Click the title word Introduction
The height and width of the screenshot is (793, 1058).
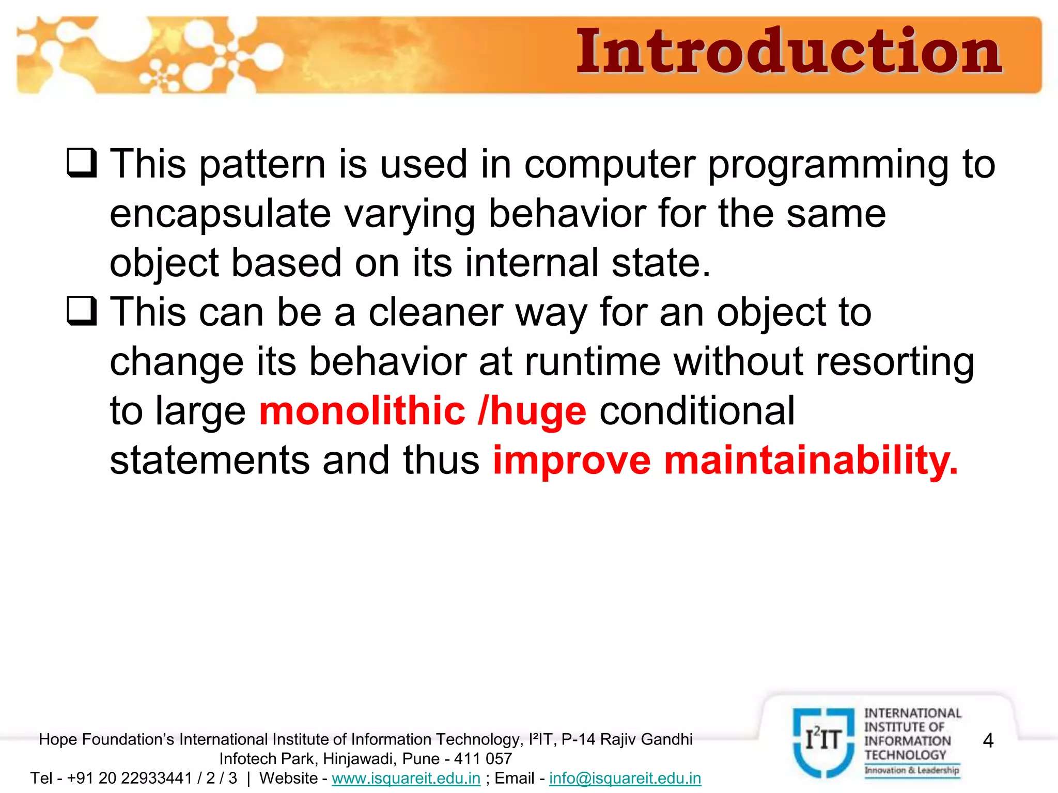pyautogui.click(x=789, y=52)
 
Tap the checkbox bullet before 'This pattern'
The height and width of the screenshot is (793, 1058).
pyautogui.click(x=82, y=163)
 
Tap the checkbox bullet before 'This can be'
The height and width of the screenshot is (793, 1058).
pyautogui.click(x=82, y=311)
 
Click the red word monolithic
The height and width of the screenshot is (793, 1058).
pyautogui.click(x=362, y=411)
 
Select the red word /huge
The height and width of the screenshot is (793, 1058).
pyautogui.click(x=532, y=411)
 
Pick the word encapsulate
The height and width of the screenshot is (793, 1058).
pyautogui.click(x=220, y=214)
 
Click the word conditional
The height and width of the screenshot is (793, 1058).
pyautogui.click(x=697, y=411)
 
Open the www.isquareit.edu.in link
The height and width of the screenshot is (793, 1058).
pyautogui.click(x=406, y=778)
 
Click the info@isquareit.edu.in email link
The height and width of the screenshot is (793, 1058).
pyautogui.click(x=625, y=778)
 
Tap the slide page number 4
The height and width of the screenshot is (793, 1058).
pyautogui.click(x=988, y=741)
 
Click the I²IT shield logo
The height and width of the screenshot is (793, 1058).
pyautogui.click(x=823, y=742)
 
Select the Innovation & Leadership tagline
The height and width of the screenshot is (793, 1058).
pyautogui.click(x=912, y=770)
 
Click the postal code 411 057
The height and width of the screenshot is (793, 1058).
pyautogui.click(x=483, y=759)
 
